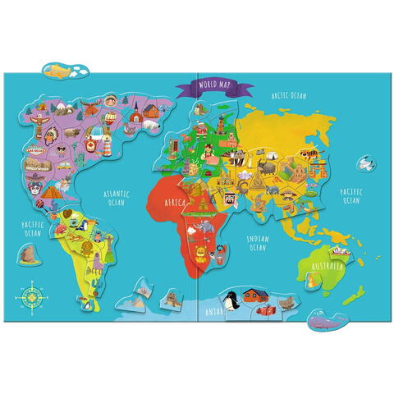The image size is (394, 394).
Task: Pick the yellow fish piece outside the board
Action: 57,67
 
